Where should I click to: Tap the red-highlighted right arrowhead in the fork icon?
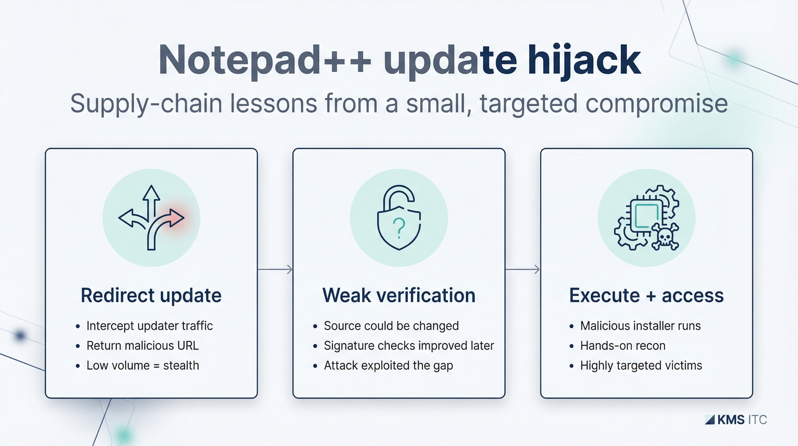click(177, 217)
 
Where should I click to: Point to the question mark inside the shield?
click(399, 227)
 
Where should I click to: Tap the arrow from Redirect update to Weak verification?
click(275, 269)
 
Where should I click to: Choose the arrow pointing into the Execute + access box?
click(523, 269)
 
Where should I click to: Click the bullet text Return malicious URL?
click(142, 346)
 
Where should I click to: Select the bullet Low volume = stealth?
click(142, 365)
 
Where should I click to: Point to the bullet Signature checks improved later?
click(409, 346)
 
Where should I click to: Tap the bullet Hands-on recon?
click(623, 346)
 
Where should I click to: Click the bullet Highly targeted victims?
click(641, 365)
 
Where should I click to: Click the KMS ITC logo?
click(736, 420)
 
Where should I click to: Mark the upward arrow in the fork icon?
click(151, 195)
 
